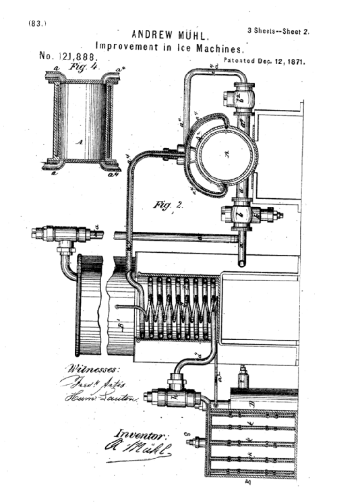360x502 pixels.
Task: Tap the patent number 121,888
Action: pyautogui.click(x=68, y=57)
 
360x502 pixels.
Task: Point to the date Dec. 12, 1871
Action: pyautogui.click(x=281, y=61)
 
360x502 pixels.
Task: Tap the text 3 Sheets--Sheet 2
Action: pyautogui.click(x=278, y=31)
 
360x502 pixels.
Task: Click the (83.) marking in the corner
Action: pyautogui.click(x=37, y=23)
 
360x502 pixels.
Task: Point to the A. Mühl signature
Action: pyautogui.click(x=138, y=448)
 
